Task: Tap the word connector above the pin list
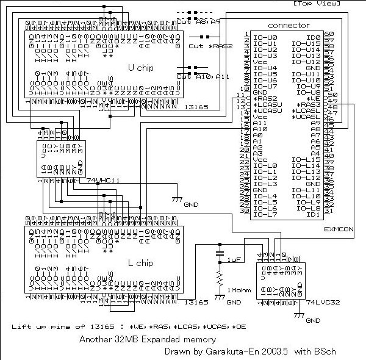point(289,26)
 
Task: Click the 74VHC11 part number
point(103,181)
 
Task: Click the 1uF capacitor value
point(234,260)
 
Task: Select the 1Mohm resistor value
point(240,289)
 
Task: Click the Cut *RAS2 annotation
point(204,46)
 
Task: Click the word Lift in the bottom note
point(21,328)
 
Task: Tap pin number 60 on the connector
point(330,34)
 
